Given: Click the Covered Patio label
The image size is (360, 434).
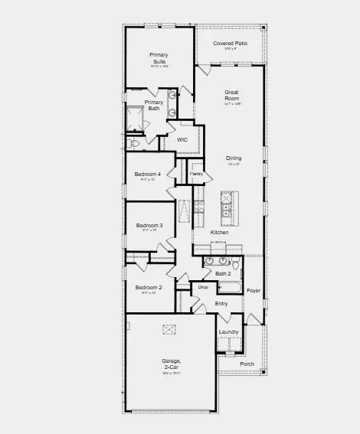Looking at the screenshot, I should click(229, 44).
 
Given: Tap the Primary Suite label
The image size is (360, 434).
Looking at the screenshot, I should click(159, 58).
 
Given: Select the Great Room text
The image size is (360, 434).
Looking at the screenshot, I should click(231, 96).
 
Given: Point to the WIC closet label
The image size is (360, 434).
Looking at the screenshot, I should click(182, 140).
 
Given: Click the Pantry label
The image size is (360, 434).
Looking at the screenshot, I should click(196, 174).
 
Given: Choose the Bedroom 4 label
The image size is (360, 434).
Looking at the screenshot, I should click(149, 175).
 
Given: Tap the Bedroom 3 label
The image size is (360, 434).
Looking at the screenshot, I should click(149, 226).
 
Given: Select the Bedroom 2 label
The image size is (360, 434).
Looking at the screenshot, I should click(149, 288).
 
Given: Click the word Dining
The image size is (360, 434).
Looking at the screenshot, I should click(234, 158).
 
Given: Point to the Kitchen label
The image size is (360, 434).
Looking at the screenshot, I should click(219, 232).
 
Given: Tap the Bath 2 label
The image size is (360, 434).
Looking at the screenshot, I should click(222, 273).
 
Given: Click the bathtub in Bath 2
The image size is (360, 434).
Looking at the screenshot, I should click(230, 289).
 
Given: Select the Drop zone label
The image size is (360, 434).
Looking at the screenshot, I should click(203, 287).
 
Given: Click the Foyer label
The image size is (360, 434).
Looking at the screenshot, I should click(254, 291).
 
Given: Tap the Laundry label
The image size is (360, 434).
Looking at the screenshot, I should click(229, 332).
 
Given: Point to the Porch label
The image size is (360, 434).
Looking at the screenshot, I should click(247, 364).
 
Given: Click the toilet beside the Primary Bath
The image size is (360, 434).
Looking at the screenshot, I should click(135, 142).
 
